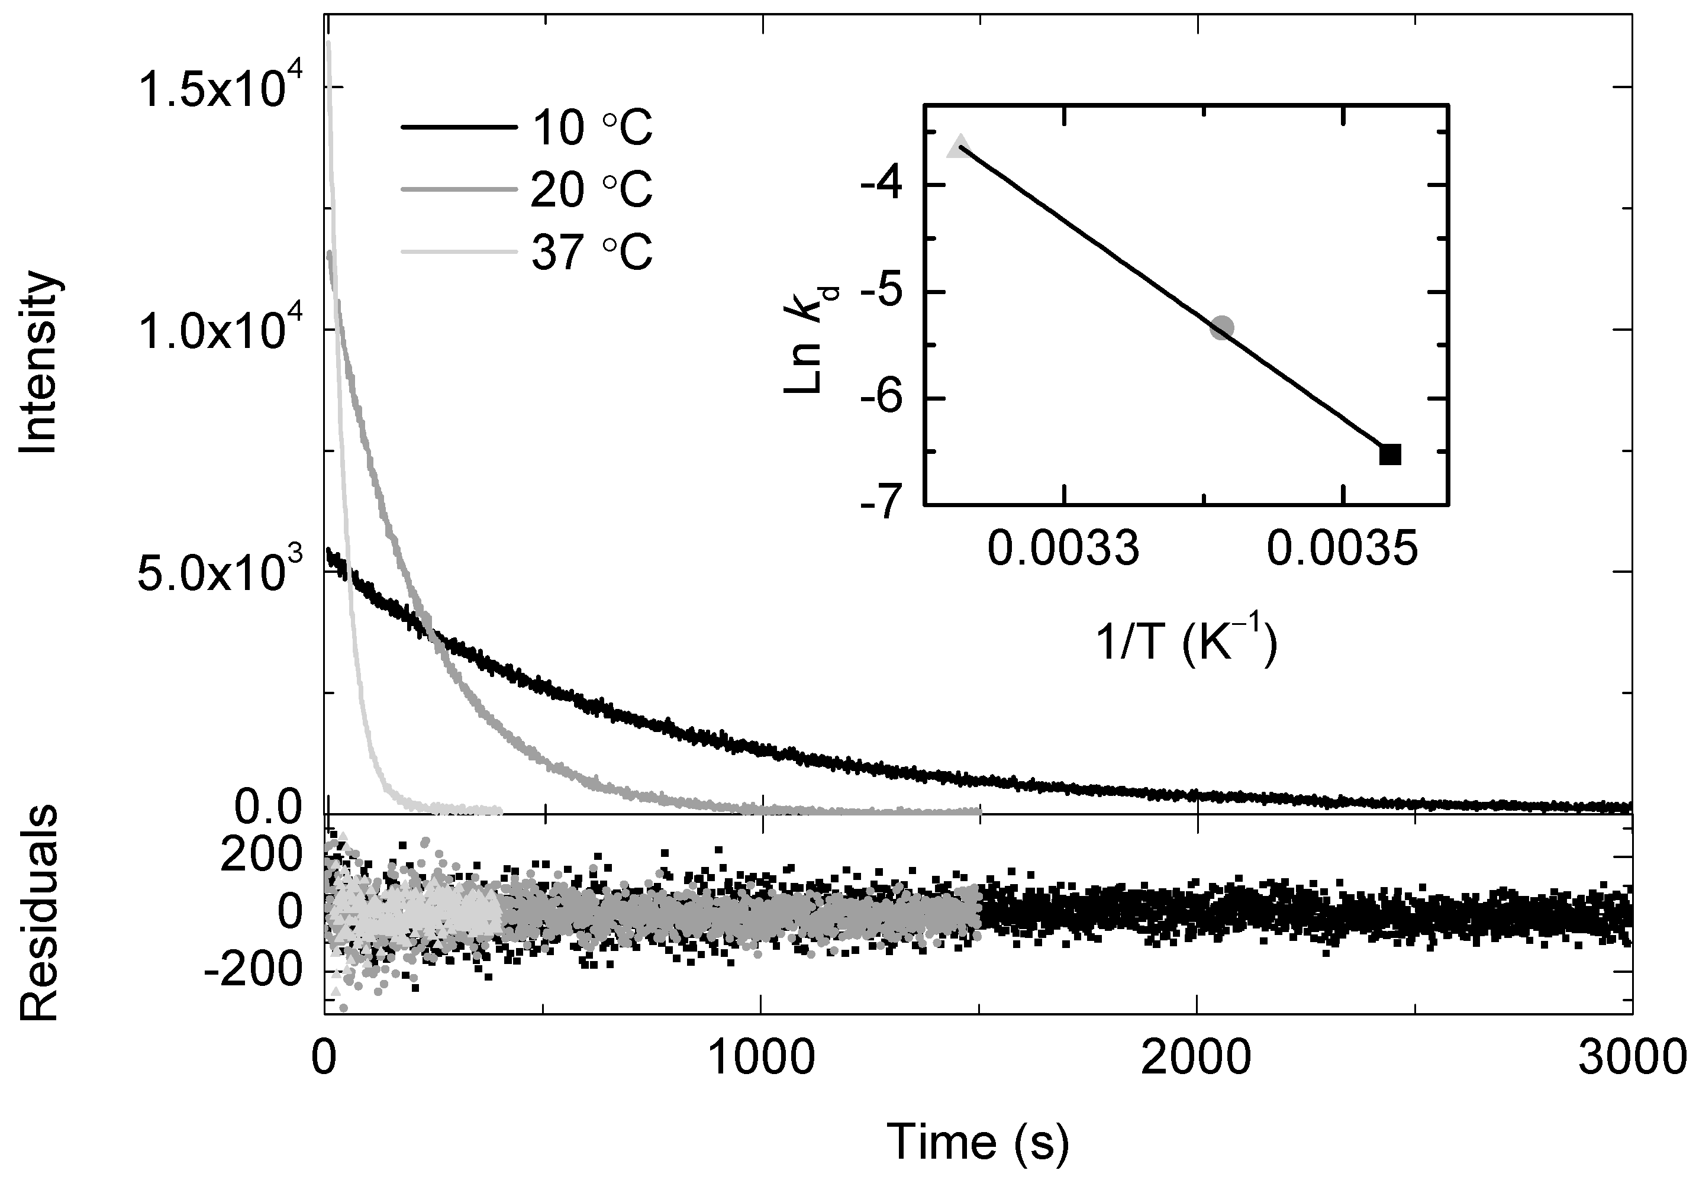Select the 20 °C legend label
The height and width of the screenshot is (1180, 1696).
point(592,191)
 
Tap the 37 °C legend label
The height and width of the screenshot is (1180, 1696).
point(592,253)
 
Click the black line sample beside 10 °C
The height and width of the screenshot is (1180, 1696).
point(458,128)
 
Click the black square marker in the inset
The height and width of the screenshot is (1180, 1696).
point(1390,454)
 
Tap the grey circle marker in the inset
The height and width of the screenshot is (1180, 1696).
point(1223,327)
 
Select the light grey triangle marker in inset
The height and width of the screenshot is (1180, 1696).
point(960,146)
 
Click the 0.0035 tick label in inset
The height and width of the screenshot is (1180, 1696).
point(1342,549)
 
